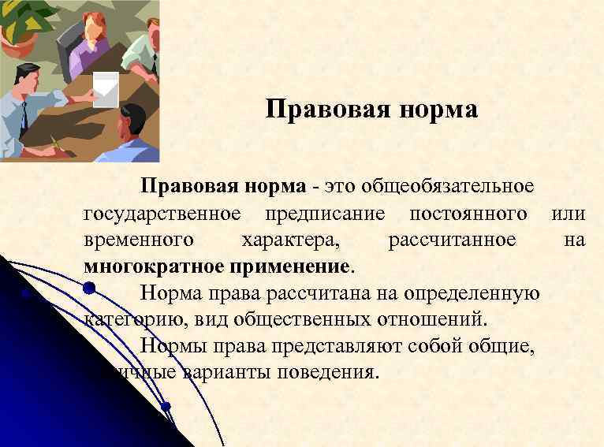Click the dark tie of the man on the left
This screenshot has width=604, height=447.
click(24, 117)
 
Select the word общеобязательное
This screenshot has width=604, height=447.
click(447, 188)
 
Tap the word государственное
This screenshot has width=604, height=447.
click(162, 214)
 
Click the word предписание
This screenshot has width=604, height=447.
click(325, 214)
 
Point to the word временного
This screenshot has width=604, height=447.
click(140, 240)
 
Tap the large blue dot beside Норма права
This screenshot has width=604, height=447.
click(89, 289)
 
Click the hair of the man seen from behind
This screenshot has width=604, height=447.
click(132, 116)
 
